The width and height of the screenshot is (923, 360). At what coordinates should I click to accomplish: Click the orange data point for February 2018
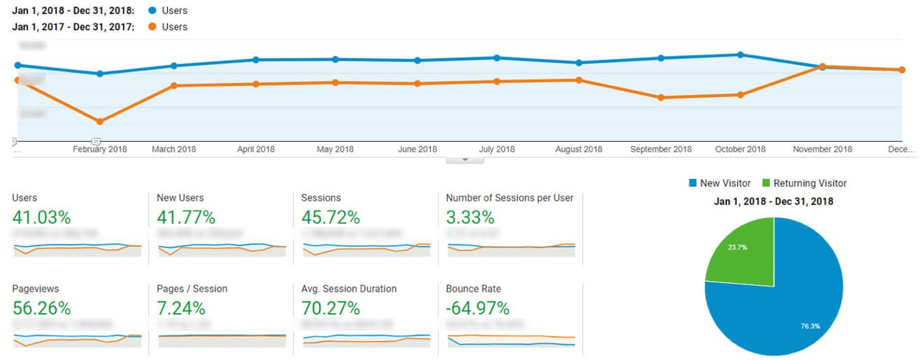(x=100, y=122)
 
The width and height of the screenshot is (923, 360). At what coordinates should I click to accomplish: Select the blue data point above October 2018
(x=740, y=55)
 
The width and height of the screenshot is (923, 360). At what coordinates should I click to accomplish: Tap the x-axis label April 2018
(x=256, y=149)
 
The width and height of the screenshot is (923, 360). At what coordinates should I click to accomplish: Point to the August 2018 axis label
(x=578, y=149)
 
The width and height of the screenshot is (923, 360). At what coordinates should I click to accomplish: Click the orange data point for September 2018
(x=661, y=98)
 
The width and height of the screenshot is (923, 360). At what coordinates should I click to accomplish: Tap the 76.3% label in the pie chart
(x=811, y=325)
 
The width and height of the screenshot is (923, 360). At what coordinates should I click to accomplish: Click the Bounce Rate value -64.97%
(x=478, y=308)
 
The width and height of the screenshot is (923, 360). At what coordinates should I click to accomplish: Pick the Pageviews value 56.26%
(x=41, y=308)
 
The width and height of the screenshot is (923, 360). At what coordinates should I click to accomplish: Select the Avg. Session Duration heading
(x=349, y=289)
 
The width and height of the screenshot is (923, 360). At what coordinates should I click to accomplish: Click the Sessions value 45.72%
(x=330, y=217)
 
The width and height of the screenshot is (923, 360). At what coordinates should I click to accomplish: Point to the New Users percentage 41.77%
(x=186, y=217)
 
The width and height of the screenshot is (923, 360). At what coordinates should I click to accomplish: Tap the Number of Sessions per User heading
(x=509, y=198)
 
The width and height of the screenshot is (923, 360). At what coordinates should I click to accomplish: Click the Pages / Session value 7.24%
(x=181, y=308)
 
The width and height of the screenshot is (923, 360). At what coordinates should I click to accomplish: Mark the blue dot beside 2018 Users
(x=152, y=11)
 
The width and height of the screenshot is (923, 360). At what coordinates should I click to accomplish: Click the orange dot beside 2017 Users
(x=152, y=27)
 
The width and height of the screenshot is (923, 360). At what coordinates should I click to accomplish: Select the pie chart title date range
(x=773, y=201)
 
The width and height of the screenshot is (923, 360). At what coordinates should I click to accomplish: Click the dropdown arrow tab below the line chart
(x=464, y=159)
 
